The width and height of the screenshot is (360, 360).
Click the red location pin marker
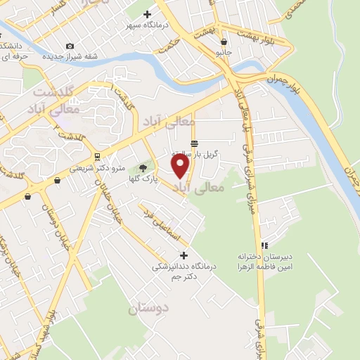click(x=181, y=165)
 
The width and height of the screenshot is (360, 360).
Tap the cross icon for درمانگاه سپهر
click(x=147, y=13)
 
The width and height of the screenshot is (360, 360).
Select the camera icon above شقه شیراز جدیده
click(x=70, y=46)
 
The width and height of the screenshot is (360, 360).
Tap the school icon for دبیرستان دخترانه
click(x=265, y=245)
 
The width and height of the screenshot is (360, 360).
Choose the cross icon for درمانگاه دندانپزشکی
click(x=184, y=255)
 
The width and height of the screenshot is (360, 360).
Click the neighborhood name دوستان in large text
click(x=148, y=308)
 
